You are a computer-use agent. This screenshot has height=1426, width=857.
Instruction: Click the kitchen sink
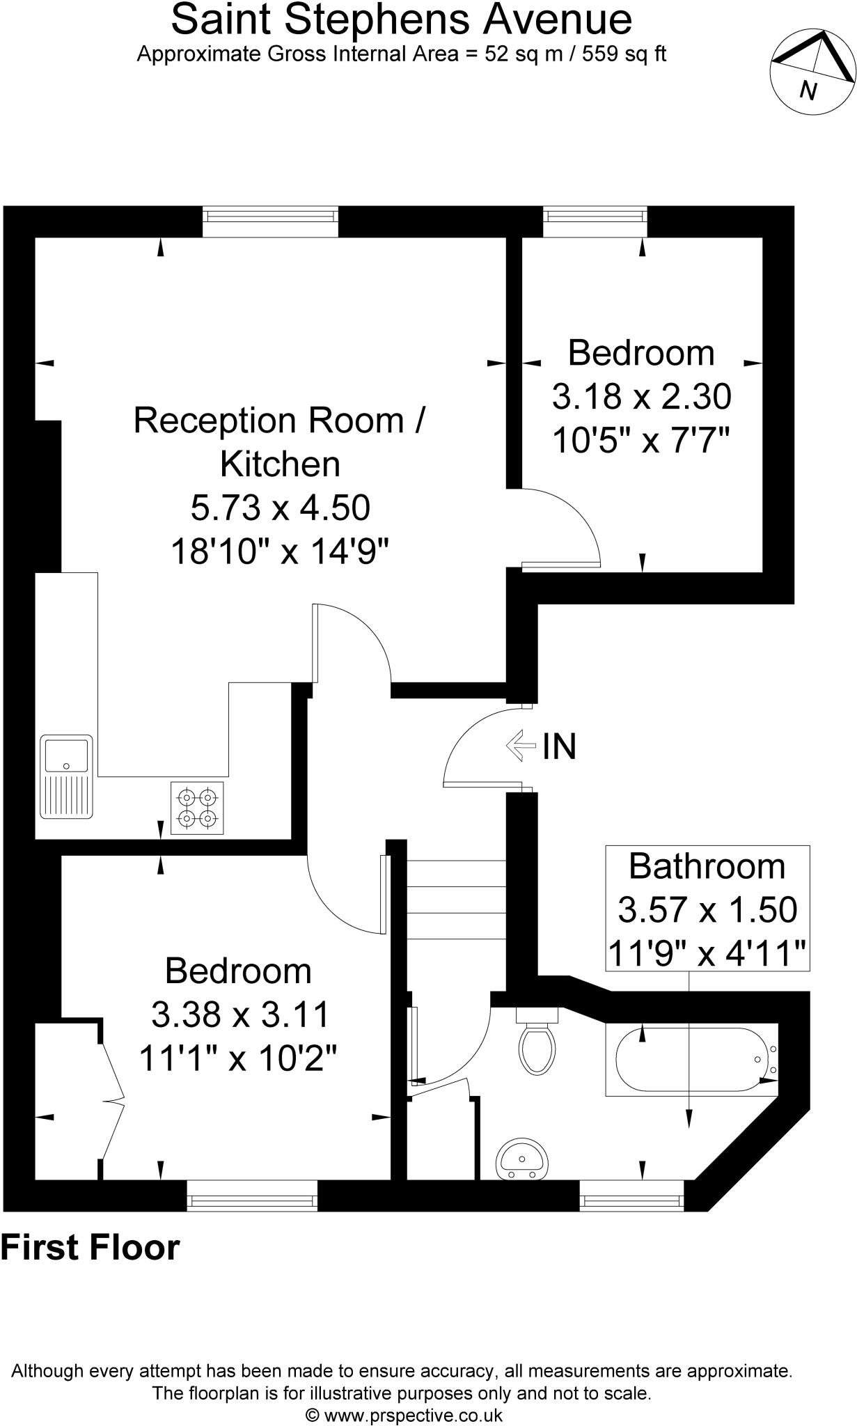(x=66, y=776)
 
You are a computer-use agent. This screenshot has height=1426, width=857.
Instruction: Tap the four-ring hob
(x=197, y=807)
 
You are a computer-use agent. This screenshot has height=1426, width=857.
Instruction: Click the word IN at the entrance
(x=560, y=746)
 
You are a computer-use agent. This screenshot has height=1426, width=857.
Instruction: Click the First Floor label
(x=91, y=1248)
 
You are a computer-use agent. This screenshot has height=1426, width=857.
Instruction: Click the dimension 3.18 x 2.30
(x=641, y=397)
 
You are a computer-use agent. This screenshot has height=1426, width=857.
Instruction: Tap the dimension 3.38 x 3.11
(x=239, y=1014)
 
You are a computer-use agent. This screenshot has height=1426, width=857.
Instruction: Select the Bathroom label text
(x=707, y=866)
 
